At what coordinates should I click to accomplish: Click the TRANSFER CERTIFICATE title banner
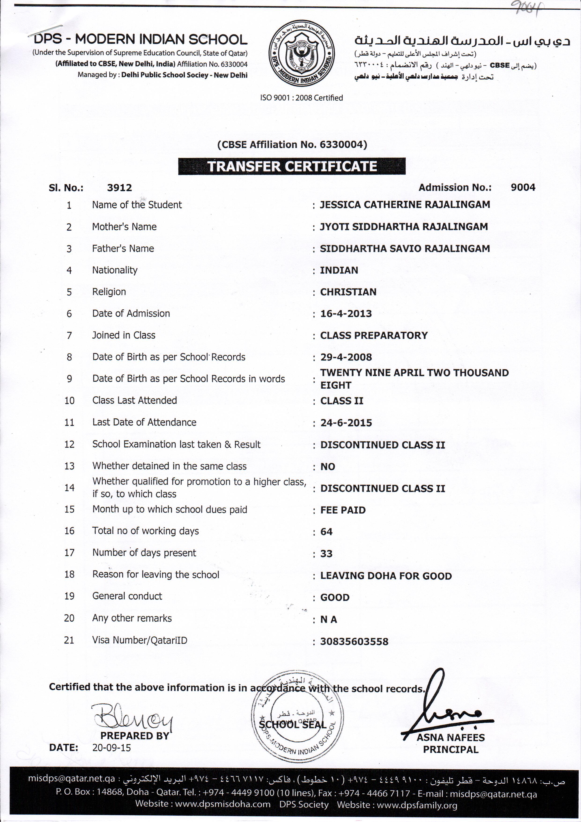click(x=292, y=166)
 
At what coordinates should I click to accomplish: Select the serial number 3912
click(x=119, y=188)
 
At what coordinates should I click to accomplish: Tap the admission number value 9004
click(x=523, y=187)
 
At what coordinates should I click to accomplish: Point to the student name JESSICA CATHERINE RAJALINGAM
click(x=405, y=205)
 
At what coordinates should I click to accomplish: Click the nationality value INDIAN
click(x=339, y=270)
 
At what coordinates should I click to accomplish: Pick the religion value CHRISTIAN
click(x=348, y=292)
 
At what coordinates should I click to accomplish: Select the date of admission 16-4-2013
click(x=346, y=314)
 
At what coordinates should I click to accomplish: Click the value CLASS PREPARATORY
click(x=374, y=335)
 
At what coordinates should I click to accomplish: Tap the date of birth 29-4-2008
click(x=346, y=357)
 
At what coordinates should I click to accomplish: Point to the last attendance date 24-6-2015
click(x=346, y=423)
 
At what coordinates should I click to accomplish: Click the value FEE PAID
click(x=343, y=510)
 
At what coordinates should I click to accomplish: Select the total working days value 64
click(x=326, y=532)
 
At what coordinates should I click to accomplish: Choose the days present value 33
click(x=326, y=554)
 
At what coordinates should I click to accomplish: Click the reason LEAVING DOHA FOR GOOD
click(x=386, y=576)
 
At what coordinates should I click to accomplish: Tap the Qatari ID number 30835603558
click(x=354, y=642)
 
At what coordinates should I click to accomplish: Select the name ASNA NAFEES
click(x=450, y=738)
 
